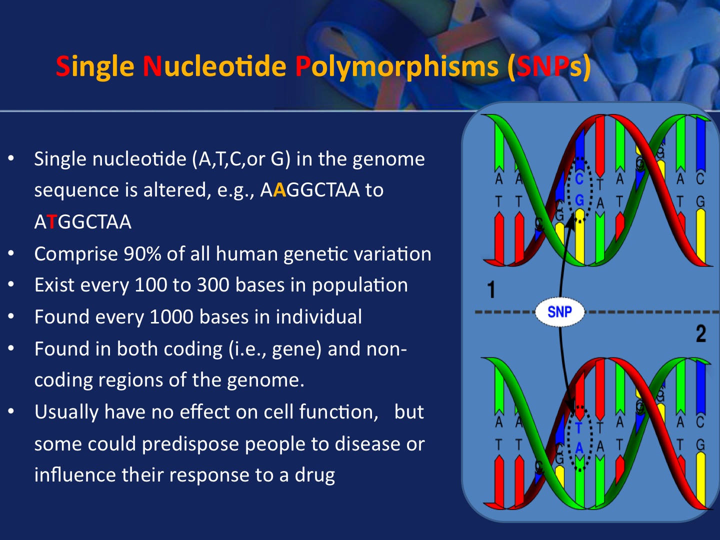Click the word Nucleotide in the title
214,66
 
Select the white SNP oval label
559,311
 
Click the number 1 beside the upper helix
491,289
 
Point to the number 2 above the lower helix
701,334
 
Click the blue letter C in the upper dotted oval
579,179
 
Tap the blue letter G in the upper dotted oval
579,199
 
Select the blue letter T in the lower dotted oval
578,428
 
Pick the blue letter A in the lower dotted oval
579,448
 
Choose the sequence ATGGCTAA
83,222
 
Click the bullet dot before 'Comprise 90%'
11,253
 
